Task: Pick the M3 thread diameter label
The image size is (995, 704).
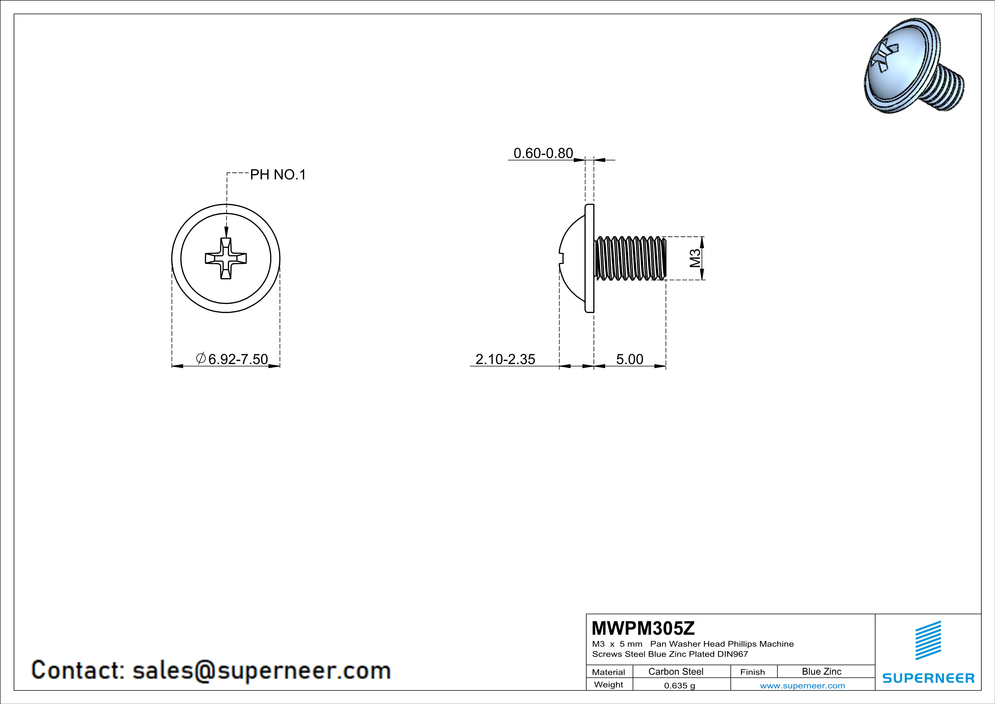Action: click(695, 258)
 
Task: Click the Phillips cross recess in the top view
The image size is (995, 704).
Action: click(226, 258)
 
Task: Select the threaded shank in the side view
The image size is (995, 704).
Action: click(630, 258)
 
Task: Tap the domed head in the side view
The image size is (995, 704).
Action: click(572, 258)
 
